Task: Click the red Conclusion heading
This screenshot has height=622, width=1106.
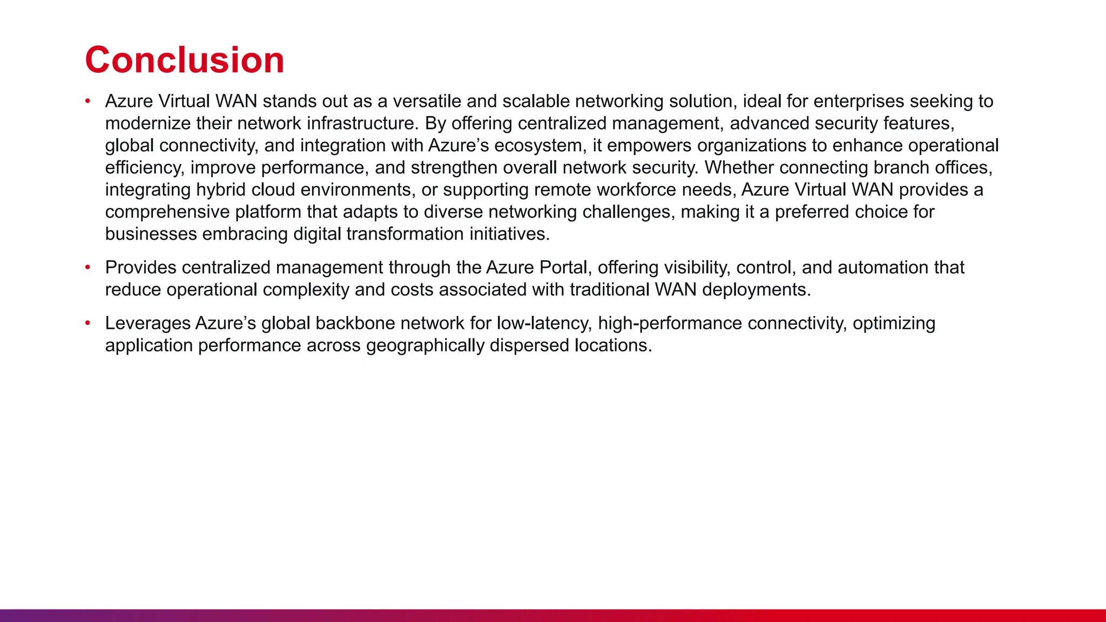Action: (x=184, y=60)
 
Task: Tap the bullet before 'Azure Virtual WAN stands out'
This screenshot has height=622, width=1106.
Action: (x=88, y=101)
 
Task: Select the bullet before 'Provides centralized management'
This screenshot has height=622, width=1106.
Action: (x=88, y=267)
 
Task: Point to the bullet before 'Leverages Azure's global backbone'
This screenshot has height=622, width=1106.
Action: (x=88, y=323)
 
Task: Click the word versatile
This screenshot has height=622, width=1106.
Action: (x=427, y=102)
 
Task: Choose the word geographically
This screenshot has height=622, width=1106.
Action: (x=425, y=346)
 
